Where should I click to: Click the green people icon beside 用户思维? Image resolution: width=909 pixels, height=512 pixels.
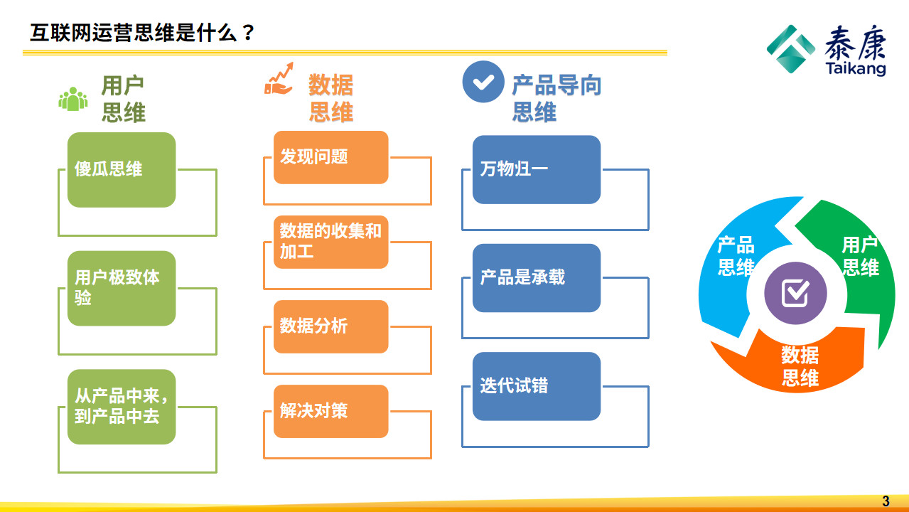coord(72,100)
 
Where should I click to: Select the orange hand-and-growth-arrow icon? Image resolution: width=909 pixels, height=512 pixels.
coord(279,79)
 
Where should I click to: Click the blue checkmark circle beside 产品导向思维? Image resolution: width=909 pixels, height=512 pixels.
coord(483,82)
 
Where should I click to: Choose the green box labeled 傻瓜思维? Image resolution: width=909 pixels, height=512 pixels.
coord(121,169)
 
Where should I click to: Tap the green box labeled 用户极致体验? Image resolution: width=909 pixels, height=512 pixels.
coord(121,288)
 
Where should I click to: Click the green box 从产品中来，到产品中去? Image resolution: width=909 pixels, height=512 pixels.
coord(121,407)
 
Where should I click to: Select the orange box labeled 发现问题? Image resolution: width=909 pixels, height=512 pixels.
coord(330,157)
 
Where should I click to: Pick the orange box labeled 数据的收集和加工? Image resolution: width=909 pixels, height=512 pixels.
coord(330,242)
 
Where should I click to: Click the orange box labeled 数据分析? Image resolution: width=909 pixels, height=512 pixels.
coord(330,326)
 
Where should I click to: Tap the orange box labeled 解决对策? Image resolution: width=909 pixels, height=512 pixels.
coord(330,411)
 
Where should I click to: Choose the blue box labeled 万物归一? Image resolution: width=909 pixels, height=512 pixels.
coord(536,169)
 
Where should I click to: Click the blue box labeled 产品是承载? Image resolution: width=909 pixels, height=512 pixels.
coord(536,277)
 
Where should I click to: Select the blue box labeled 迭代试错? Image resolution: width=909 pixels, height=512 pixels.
coord(536,386)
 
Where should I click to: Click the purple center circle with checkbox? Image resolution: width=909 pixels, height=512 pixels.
coord(795,292)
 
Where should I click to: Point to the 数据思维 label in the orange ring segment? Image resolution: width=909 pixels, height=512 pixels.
coord(800,366)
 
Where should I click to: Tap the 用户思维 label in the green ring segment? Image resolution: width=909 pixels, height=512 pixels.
coord(860,257)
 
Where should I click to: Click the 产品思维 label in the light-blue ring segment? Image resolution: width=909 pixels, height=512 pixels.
coord(736,256)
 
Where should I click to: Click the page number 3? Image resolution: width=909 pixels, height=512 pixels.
coord(886,501)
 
